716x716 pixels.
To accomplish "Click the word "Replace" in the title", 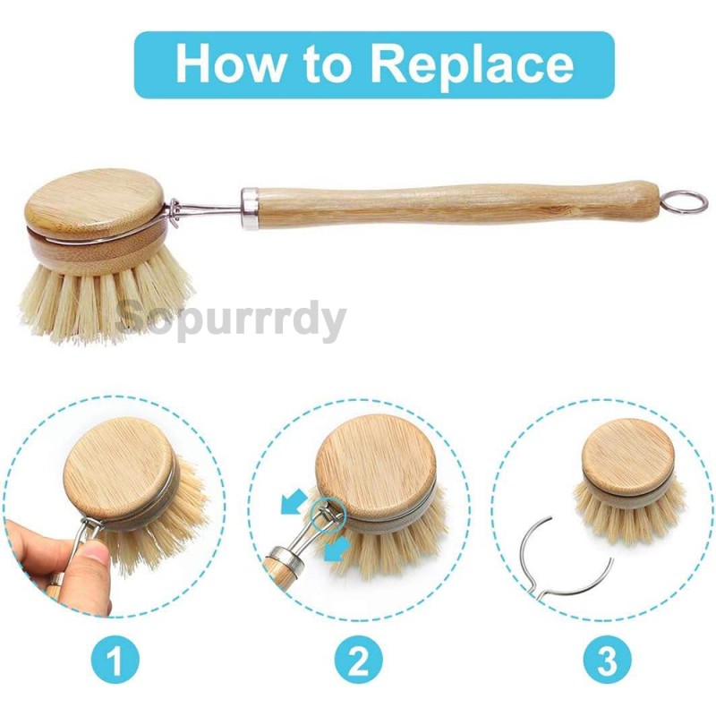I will [x=472, y=64].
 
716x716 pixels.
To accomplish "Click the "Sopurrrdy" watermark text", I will [x=232, y=320].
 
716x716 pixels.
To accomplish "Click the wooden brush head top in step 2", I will [x=375, y=465].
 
